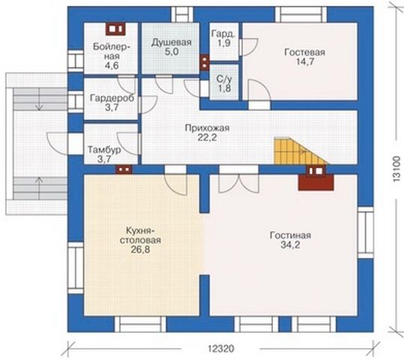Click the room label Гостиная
(290, 235)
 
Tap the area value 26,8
(140, 249)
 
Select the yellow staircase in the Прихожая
(300, 151)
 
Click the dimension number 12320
(221, 349)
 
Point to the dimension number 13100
(397, 169)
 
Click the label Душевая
(172, 42)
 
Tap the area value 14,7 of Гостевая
(305, 61)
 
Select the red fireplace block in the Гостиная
(316, 178)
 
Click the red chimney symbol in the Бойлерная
(115, 29)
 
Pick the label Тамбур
(104, 150)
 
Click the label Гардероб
(112, 98)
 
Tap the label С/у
(224, 79)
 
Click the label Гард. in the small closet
(223, 34)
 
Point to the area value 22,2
(207, 137)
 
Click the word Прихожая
(207, 128)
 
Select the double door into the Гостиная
(239, 181)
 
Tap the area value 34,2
(290, 244)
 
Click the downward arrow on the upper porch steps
(39, 99)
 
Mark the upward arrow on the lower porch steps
(39, 187)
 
